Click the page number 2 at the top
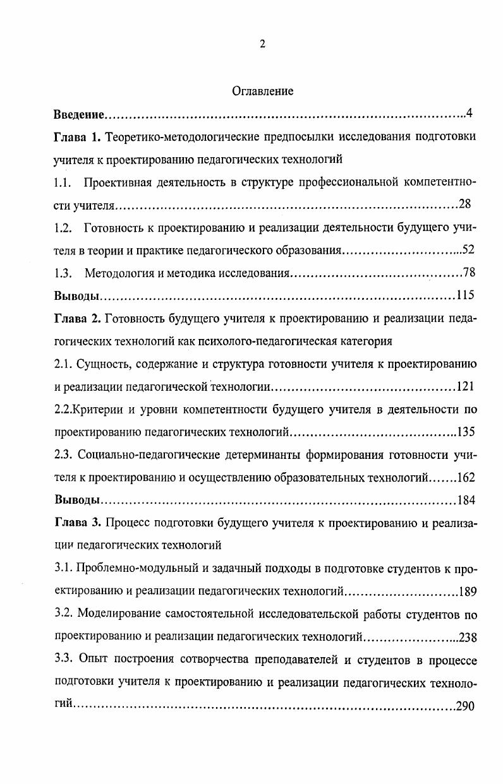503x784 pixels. point(262,44)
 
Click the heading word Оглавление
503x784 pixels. point(262,92)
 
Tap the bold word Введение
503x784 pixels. point(78,114)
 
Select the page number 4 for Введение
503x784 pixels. point(469,114)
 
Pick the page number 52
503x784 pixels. point(468,250)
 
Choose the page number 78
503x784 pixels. point(468,273)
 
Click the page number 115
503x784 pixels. point(465,295)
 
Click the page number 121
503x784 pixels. point(465,386)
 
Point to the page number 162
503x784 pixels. point(465,477)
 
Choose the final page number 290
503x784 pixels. point(465,706)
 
